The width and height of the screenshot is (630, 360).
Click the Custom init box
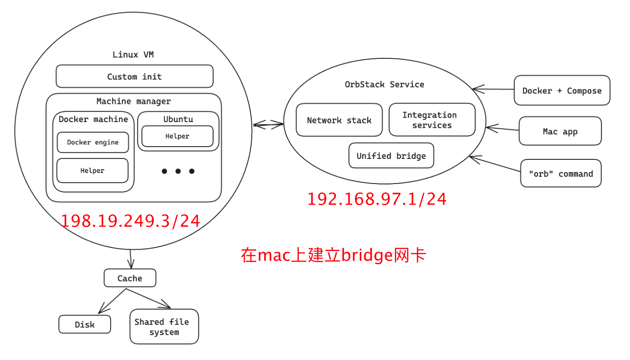(x=134, y=77)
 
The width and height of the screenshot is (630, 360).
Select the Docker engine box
(x=93, y=142)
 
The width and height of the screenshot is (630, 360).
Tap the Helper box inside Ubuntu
(x=177, y=136)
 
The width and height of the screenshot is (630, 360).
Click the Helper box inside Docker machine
(x=92, y=170)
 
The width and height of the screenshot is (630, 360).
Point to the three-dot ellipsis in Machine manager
(x=178, y=171)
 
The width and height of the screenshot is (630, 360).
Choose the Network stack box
(x=339, y=120)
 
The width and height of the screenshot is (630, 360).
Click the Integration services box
(x=432, y=120)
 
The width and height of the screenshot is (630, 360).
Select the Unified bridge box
(x=391, y=155)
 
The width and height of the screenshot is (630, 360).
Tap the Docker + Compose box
(x=562, y=90)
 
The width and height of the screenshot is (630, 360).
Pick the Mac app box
(x=560, y=131)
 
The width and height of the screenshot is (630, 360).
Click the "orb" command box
(x=561, y=173)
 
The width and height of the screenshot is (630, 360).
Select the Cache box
(x=130, y=278)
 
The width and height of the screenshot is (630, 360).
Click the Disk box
(x=85, y=324)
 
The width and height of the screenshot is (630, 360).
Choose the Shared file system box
(x=164, y=327)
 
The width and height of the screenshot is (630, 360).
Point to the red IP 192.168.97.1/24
(x=376, y=199)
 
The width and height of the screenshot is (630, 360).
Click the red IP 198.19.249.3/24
(x=130, y=221)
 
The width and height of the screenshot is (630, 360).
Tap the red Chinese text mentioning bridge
(x=333, y=255)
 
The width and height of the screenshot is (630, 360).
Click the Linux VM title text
(x=133, y=55)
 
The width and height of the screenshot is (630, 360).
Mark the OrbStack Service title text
(x=384, y=84)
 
